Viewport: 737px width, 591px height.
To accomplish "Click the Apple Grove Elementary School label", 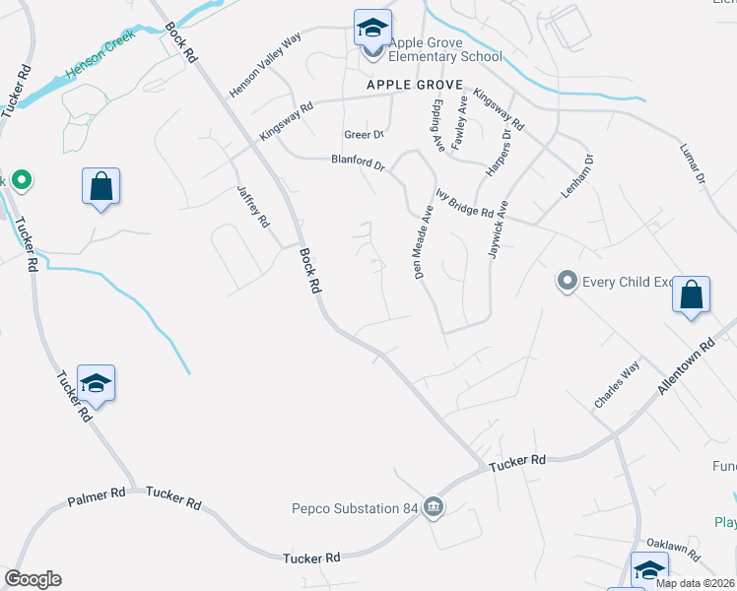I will point(445,49).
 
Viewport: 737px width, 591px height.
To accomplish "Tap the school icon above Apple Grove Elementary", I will point(372,28).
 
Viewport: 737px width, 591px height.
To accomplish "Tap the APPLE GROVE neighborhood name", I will point(414,86).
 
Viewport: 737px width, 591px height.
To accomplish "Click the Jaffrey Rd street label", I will point(253,207).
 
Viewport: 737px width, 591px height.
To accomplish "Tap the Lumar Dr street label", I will point(694,164).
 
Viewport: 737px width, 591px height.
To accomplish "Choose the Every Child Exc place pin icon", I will point(567,282).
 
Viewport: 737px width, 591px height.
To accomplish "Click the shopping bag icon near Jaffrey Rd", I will point(100,185).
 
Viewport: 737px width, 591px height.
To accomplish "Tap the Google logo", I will point(33,579).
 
